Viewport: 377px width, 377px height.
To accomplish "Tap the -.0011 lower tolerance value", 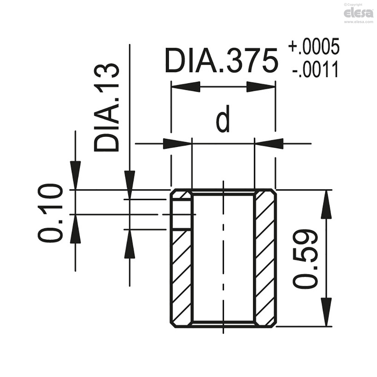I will [315, 70].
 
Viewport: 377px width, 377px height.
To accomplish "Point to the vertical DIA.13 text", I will [106, 107].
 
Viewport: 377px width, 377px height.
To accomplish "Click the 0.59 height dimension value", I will [305, 258].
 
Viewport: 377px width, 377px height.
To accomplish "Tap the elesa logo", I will [358, 13].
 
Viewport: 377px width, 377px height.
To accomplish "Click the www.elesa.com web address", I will [358, 22].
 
